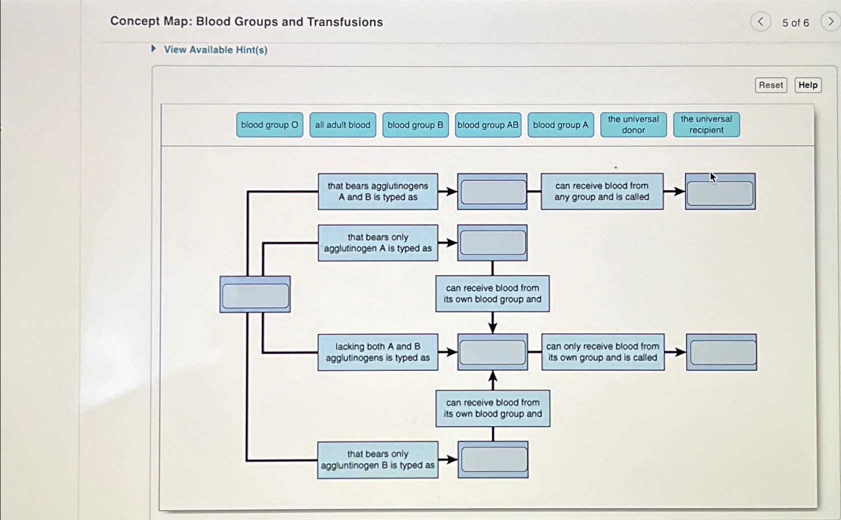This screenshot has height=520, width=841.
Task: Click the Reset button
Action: [771, 85]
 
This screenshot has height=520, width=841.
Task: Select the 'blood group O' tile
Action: [269, 125]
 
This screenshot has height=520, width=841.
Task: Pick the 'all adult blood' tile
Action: [342, 125]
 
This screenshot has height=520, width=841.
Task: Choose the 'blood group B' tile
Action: [415, 125]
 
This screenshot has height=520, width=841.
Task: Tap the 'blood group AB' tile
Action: [488, 125]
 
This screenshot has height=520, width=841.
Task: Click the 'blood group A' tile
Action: [560, 125]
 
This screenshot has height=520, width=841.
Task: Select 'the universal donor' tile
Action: [633, 125]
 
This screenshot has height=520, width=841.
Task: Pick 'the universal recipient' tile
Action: [706, 125]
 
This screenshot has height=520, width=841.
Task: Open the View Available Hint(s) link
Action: [215, 50]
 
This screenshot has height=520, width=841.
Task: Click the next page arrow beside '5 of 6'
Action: [830, 22]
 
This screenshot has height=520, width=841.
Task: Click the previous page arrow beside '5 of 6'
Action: [761, 22]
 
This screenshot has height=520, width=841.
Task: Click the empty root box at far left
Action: [255, 295]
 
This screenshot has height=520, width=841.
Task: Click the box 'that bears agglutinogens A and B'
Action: [378, 192]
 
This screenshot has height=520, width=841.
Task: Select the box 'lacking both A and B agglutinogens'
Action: [378, 352]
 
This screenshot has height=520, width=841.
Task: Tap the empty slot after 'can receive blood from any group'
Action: [720, 192]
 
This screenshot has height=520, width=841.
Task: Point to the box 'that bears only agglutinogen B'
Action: [378, 460]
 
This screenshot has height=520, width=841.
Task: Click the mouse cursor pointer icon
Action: [713, 178]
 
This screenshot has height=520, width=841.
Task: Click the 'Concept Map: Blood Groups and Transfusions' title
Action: [246, 22]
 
